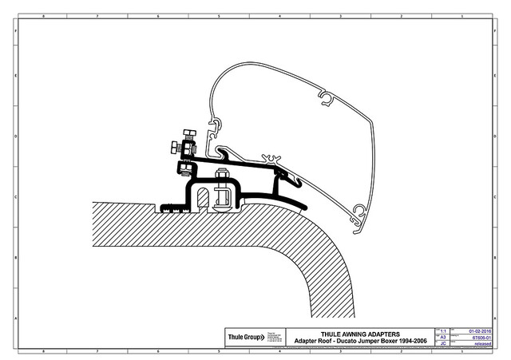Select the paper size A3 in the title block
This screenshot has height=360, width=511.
point(444,337)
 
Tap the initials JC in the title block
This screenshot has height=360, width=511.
point(444,343)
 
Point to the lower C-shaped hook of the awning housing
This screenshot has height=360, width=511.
point(358,212)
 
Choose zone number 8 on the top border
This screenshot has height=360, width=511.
point(42,15)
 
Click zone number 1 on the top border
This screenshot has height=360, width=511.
point(462,15)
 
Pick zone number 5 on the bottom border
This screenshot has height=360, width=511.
point(220,350)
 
